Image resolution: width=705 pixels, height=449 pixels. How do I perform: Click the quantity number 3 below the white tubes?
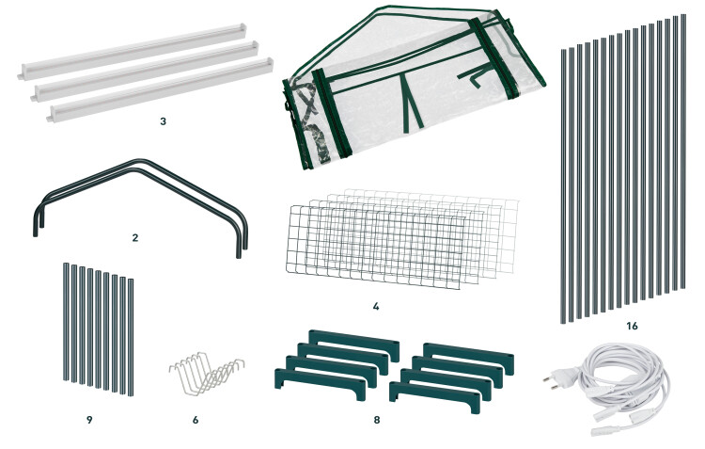pos(163,121)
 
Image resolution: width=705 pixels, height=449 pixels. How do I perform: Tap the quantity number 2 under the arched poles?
pos(135,238)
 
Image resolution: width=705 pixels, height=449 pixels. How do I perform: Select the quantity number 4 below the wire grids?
pos(376,307)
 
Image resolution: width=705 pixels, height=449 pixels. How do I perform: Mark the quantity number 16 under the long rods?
pos(633,326)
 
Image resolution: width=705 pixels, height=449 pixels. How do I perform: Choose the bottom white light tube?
pos(160,90)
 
